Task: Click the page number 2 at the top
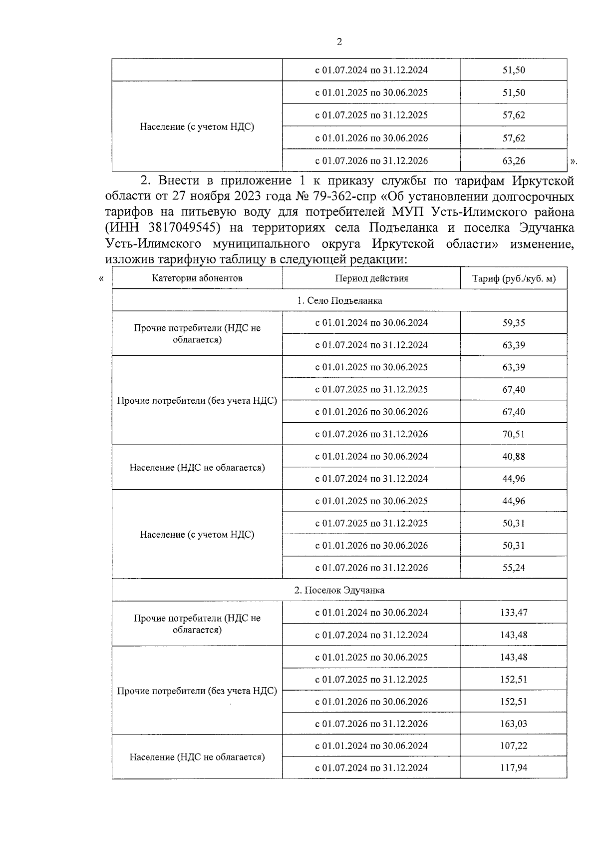point(339,42)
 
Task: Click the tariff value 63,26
point(514,161)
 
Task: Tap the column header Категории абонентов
point(197,278)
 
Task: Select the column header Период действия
point(371,278)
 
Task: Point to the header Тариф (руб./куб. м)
point(514,278)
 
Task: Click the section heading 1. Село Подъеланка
point(339,300)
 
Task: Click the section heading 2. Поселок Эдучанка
point(339,590)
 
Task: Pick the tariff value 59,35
point(514,323)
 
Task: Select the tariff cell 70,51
point(514,434)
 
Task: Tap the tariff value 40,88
point(514,456)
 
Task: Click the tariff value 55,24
point(514,568)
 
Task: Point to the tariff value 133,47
point(514,613)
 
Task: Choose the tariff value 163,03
point(514,724)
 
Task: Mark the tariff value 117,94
point(514,768)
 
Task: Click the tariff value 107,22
point(514,746)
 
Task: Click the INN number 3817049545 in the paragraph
point(185,228)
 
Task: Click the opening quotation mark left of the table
point(102,279)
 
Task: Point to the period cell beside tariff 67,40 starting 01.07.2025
point(371,390)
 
